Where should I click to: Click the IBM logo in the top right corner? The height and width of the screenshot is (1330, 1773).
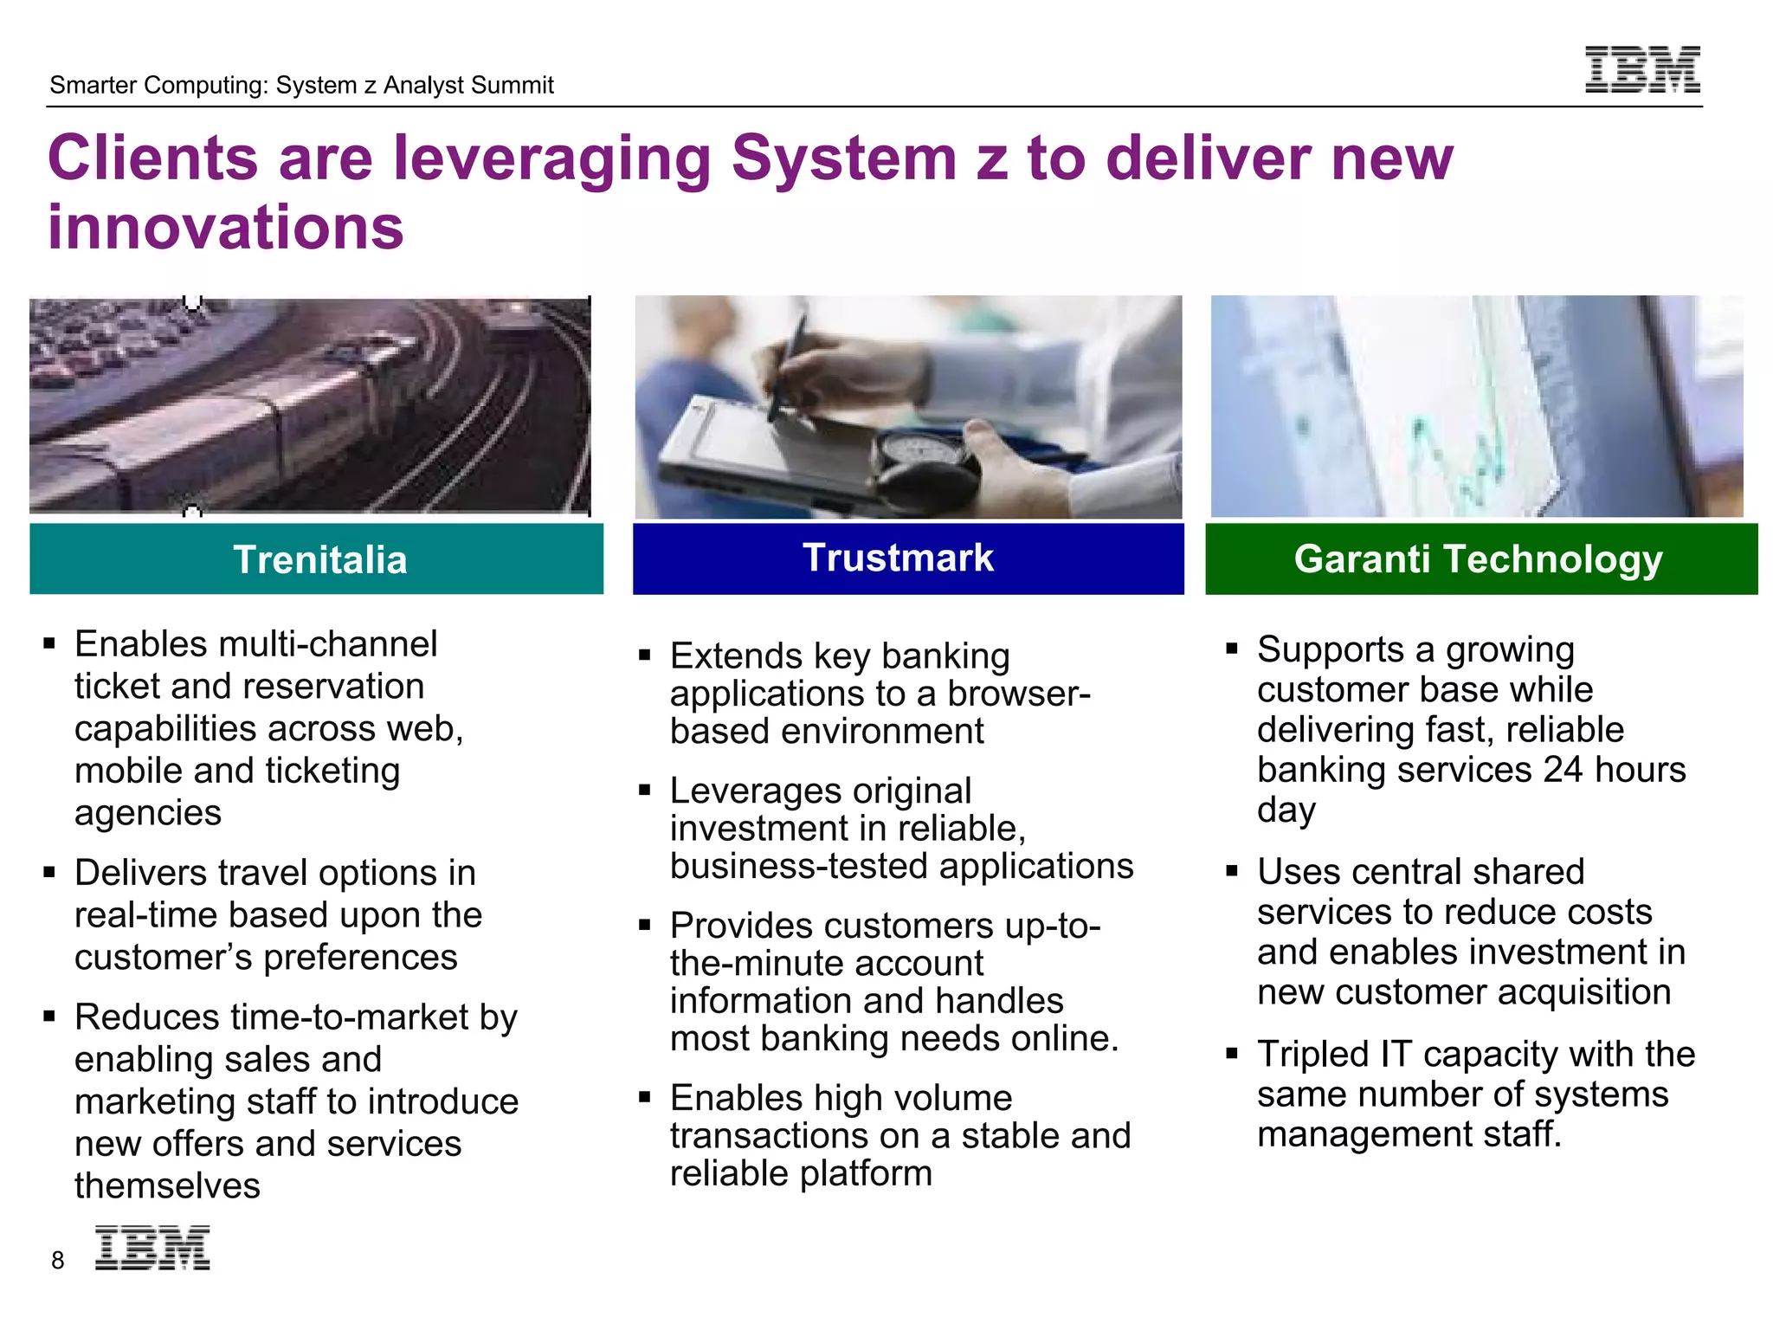[1642, 69]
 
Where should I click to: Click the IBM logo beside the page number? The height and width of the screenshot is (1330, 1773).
[152, 1248]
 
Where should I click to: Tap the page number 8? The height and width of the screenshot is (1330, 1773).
[57, 1261]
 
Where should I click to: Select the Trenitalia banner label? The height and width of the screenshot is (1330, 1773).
[319, 559]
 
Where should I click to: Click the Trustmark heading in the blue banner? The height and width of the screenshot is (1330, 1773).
[898, 558]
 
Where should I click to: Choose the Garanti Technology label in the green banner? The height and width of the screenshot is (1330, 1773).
[1478, 559]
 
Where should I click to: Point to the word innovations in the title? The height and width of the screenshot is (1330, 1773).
[225, 227]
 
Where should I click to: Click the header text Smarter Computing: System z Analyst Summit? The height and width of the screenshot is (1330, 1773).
[301, 85]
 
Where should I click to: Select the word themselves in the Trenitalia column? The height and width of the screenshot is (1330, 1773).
[167, 1185]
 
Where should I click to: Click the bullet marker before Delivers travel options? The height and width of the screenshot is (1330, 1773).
[49, 872]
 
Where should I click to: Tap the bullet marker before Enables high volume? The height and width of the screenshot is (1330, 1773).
[644, 1097]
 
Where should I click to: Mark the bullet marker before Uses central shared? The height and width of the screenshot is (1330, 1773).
[1232, 871]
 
